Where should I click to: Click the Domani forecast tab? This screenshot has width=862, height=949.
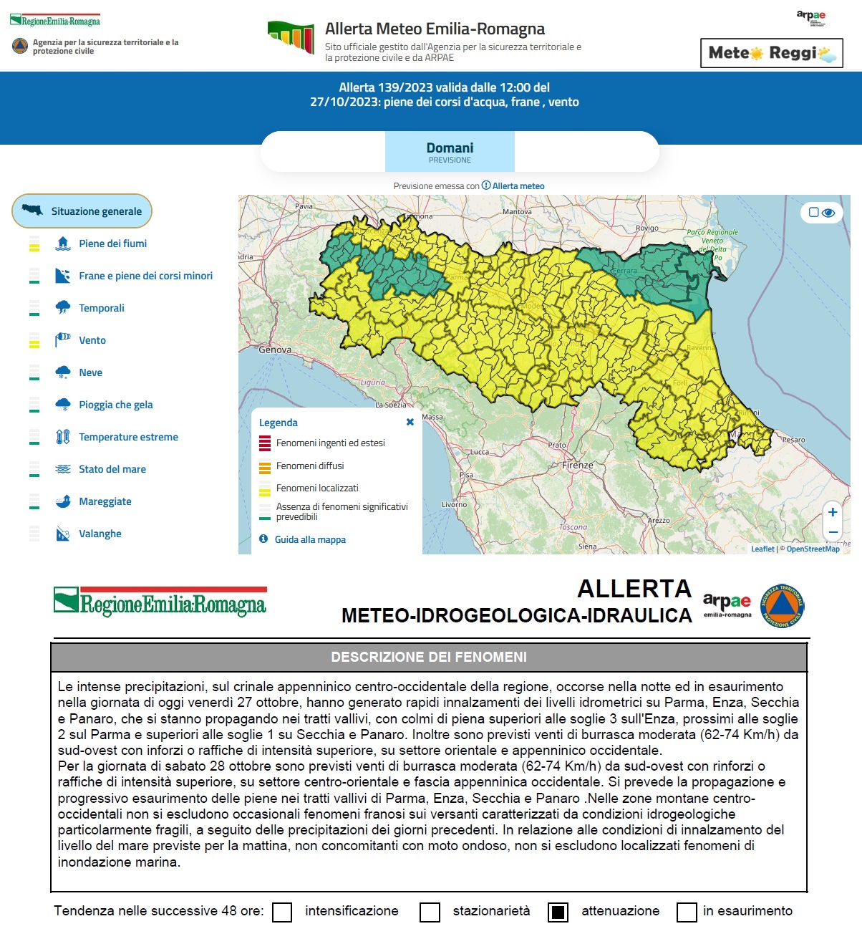click(x=450, y=151)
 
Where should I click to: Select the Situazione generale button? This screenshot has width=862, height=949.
click(x=82, y=211)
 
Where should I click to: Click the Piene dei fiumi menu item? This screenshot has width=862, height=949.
click(x=112, y=244)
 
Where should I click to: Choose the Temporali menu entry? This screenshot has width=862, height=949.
click(x=101, y=308)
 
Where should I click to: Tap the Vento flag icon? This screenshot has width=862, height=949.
click(x=63, y=339)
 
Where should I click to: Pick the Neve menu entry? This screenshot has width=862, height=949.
click(x=90, y=372)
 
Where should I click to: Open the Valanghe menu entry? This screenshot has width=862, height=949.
click(x=100, y=534)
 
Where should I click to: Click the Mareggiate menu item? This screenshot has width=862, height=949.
click(x=105, y=501)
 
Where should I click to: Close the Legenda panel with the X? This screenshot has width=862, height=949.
click(x=410, y=422)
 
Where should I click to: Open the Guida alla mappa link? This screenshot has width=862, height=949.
click(x=310, y=539)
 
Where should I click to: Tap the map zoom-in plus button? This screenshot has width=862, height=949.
click(x=833, y=512)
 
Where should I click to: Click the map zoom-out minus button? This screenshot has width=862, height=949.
click(x=833, y=532)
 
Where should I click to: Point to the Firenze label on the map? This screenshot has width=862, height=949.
click(x=577, y=466)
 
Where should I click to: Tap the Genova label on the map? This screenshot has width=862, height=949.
click(x=275, y=350)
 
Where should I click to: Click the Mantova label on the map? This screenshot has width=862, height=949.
click(x=517, y=212)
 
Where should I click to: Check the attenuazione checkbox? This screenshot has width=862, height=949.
click(x=558, y=912)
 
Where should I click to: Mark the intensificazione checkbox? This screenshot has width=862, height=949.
click(x=283, y=912)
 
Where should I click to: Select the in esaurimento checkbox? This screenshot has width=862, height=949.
click(x=687, y=912)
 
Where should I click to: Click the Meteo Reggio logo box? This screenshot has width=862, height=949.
click(x=771, y=53)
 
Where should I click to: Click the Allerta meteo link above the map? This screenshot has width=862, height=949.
click(x=518, y=186)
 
